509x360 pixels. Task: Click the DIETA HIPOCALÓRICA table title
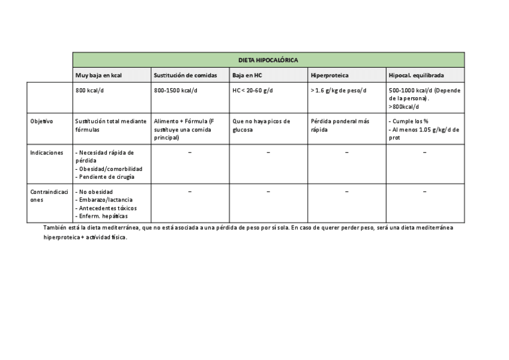(268, 60)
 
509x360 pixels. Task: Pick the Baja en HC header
(247, 76)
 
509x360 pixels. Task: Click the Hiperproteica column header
(330, 76)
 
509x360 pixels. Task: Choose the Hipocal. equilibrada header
(417, 76)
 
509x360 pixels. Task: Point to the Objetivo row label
(41, 121)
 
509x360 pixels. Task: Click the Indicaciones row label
(46, 153)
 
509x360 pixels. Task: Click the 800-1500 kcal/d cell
(175, 91)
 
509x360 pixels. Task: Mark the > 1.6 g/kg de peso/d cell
(339, 91)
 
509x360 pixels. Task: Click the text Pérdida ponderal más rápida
(340, 125)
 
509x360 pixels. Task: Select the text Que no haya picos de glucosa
(261, 125)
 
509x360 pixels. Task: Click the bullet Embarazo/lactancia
(106, 200)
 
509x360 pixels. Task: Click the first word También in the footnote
(55, 228)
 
